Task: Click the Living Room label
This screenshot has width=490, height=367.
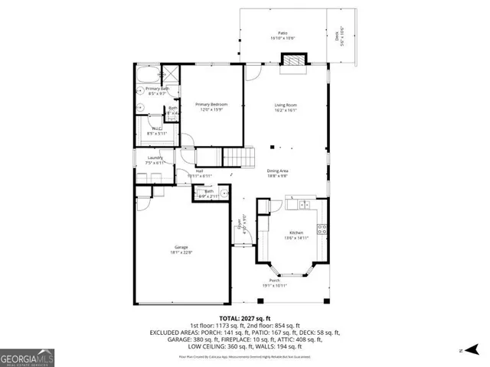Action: pos(286,105)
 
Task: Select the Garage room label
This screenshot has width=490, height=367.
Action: pos(181,248)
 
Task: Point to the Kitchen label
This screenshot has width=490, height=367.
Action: pos(296,232)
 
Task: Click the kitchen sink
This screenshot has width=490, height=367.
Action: pos(304,205)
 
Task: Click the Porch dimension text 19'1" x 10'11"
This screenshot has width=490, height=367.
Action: pos(274,285)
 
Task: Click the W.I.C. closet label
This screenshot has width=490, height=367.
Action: pos(155,128)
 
